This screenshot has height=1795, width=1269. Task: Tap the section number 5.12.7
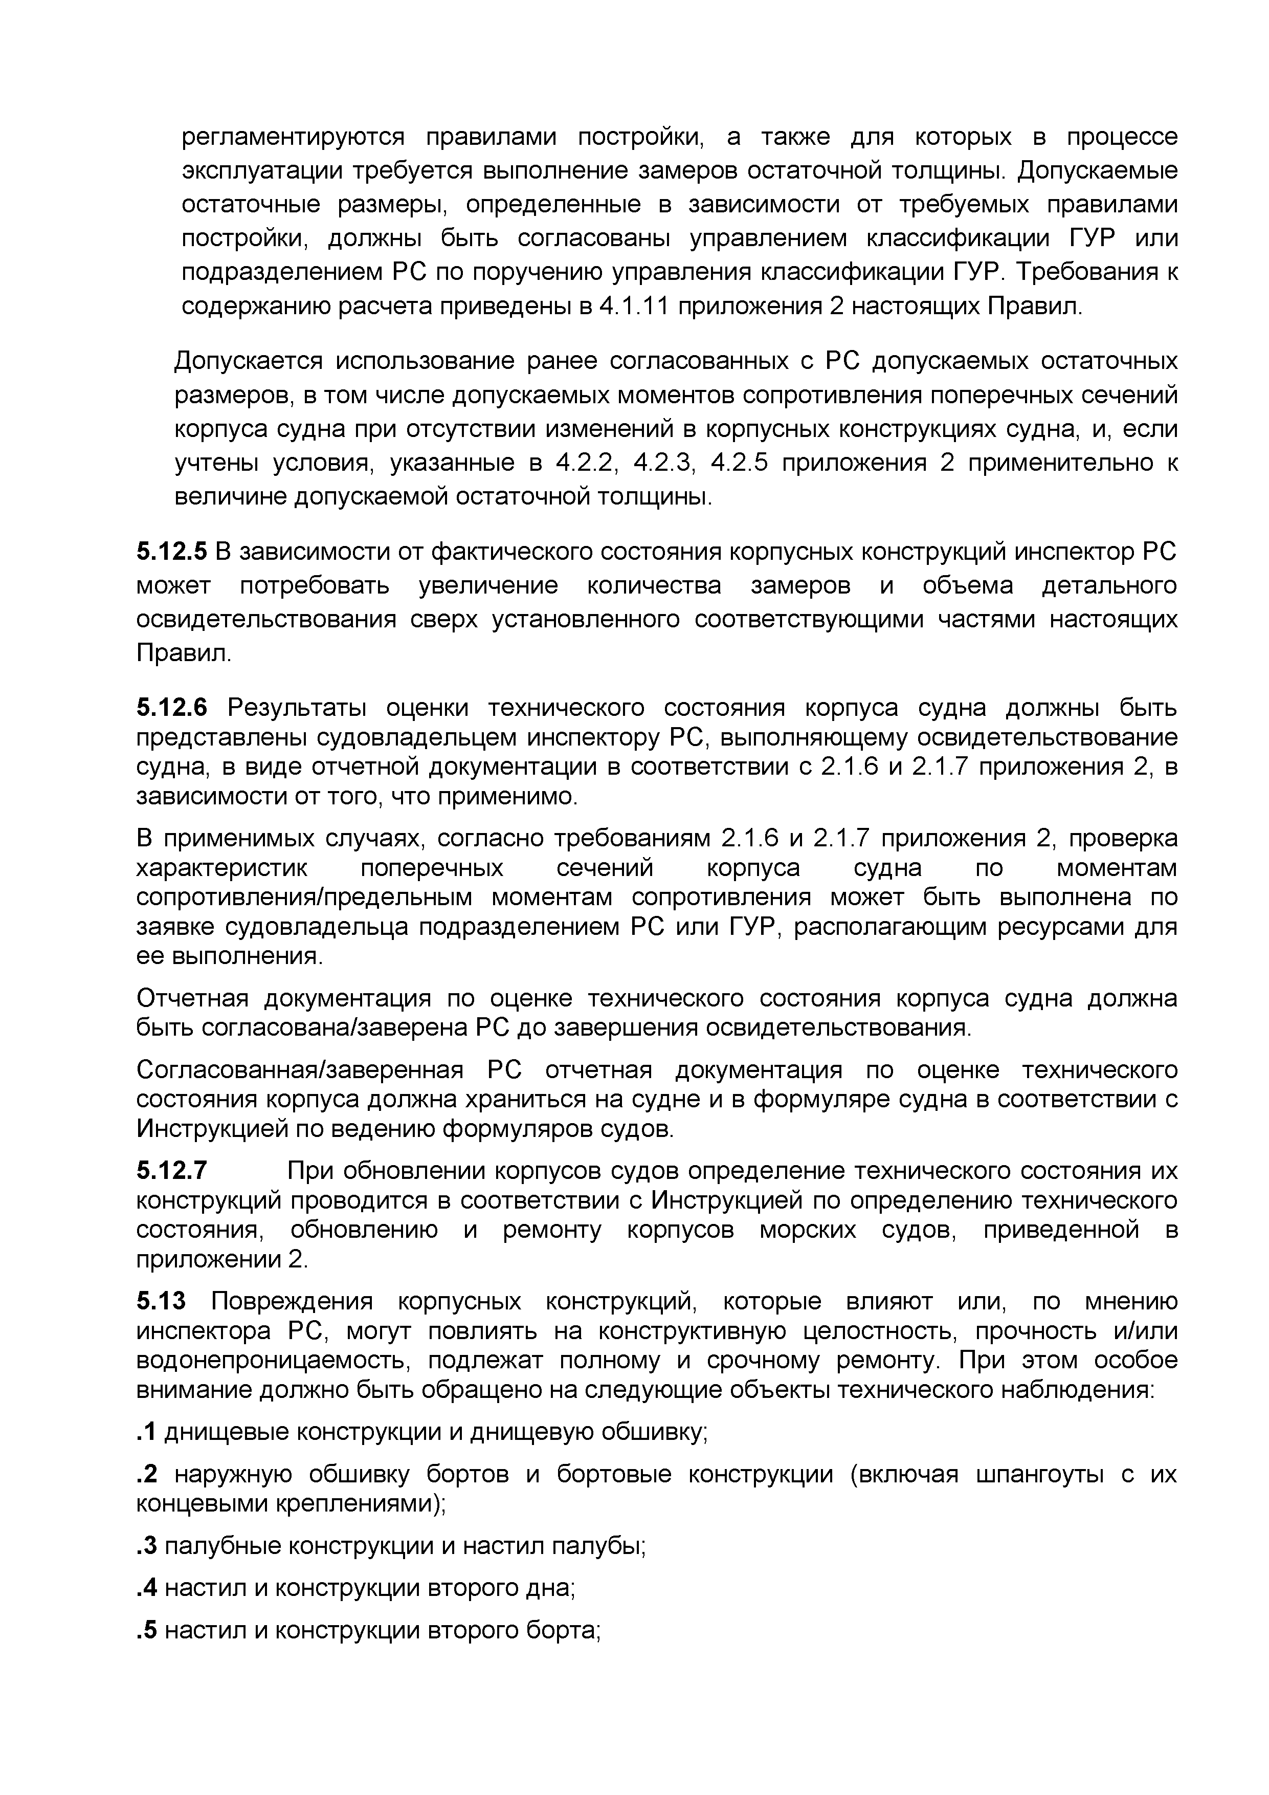click(x=172, y=1171)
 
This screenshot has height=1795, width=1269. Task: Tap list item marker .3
click(x=146, y=1546)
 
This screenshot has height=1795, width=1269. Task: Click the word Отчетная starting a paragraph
click(x=192, y=999)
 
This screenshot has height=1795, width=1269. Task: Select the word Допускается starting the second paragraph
click(x=248, y=361)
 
